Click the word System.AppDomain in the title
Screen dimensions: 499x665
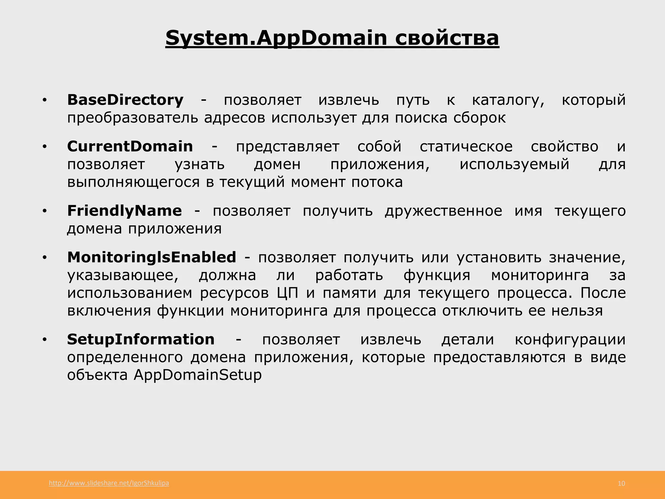pos(276,38)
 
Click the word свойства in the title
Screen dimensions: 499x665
pos(447,38)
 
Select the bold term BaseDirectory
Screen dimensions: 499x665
pos(125,100)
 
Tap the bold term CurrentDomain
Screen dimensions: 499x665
pos(130,147)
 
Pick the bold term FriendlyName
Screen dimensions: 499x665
pos(124,211)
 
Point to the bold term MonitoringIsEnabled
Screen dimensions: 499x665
pos(152,257)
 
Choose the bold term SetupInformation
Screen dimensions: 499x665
pos(141,339)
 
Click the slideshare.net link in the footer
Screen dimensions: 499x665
pos(109,483)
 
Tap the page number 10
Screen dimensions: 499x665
pos(621,484)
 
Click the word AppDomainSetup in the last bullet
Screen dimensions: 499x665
pos(198,375)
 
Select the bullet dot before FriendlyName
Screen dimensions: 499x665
pos(45,212)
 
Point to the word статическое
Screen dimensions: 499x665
pos(466,147)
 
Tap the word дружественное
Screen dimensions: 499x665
pos(444,211)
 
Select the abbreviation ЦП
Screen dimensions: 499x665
pos(287,293)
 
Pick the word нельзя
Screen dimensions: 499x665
pos(577,311)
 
